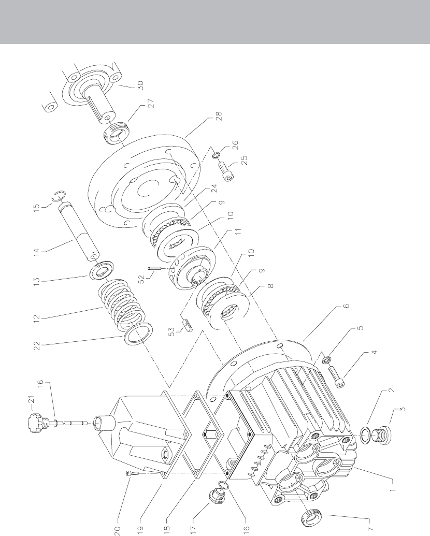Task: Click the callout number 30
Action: (x=140, y=85)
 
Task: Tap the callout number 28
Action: (x=219, y=116)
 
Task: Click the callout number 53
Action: (x=173, y=331)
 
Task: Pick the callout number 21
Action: (x=31, y=400)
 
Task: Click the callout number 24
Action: (x=214, y=188)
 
